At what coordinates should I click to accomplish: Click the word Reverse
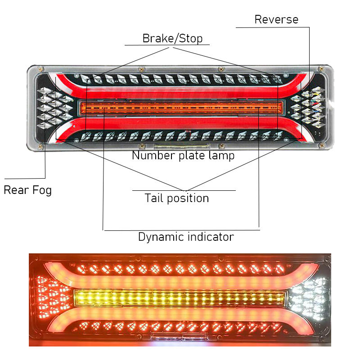coord(276,19)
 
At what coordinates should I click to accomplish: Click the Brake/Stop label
coord(172,38)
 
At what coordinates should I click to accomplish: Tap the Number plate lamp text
coord(183,156)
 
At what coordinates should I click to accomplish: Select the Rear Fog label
coord(27,190)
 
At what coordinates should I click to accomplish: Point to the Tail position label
coord(176,198)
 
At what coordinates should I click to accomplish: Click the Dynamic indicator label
coord(186,237)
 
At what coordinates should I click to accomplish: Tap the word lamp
coord(220,156)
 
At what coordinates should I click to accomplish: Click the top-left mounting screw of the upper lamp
coord(41,68)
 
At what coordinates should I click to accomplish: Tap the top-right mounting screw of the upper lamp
coord(321,68)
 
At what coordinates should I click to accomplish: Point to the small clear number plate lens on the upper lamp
coord(181,147)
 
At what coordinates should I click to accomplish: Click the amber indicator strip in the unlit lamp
coord(180,108)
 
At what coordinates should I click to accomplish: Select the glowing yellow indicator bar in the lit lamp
coord(180,298)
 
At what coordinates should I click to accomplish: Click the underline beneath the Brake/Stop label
coord(167,45)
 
